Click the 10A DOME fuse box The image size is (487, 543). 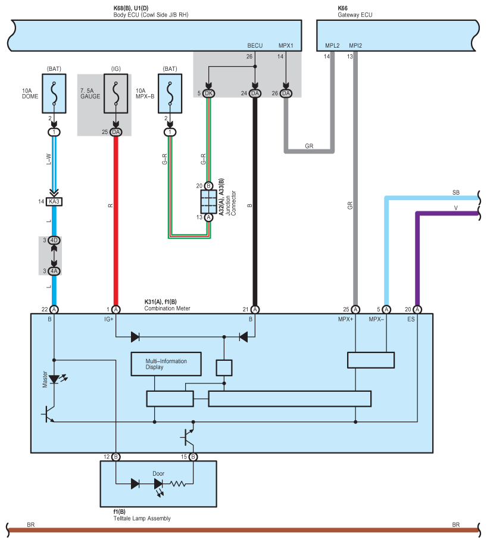click(54, 93)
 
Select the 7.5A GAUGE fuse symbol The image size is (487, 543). click(116, 93)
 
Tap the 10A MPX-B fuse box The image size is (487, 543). click(170, 93)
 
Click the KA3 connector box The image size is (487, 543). click(54, 202)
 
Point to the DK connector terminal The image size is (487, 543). click(208, 93)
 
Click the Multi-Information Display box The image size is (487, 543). click(166, 364)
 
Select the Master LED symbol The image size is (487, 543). click(54, 379)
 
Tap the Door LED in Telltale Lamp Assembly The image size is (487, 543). click(158, 485)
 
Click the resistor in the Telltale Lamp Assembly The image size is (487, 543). click(177, 484)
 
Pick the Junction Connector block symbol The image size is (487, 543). click(208, 202)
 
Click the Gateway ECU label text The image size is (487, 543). click(355, 15)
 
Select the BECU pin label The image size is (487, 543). click(255, 46)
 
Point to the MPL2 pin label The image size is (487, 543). click(332, 46)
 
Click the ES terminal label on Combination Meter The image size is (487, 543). click(411, 319)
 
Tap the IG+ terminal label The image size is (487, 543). click(109, 319)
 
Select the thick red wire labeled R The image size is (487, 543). click(116, 221)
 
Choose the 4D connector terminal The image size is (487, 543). click(54, 241)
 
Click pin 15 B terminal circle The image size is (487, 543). click(193, 457)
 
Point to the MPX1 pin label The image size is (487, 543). click(286, 46)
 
